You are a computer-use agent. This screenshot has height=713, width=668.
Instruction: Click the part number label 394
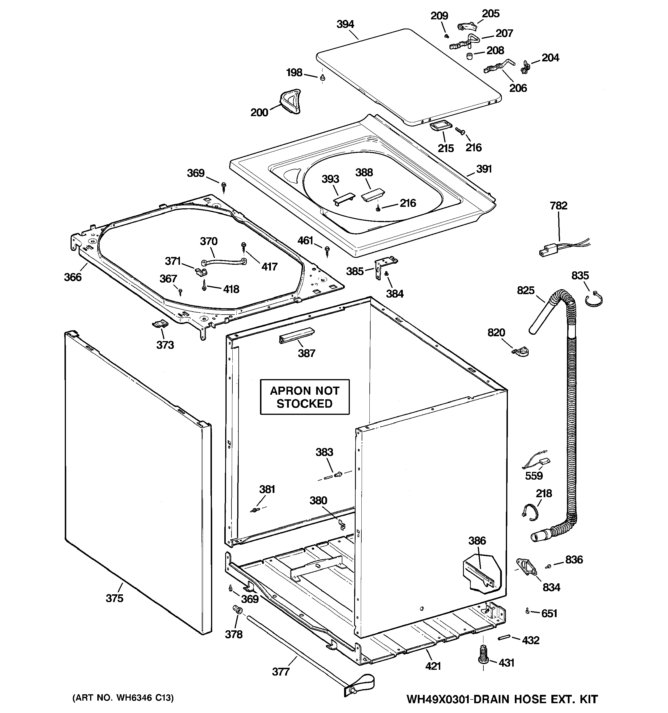345,24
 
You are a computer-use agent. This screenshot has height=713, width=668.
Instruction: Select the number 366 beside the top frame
73,277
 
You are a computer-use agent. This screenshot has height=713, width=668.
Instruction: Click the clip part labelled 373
160,324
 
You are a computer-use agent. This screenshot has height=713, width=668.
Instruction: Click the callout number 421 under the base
433,666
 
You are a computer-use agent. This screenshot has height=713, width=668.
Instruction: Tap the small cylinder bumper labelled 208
469,56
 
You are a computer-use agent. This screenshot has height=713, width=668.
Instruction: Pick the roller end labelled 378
237,609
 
